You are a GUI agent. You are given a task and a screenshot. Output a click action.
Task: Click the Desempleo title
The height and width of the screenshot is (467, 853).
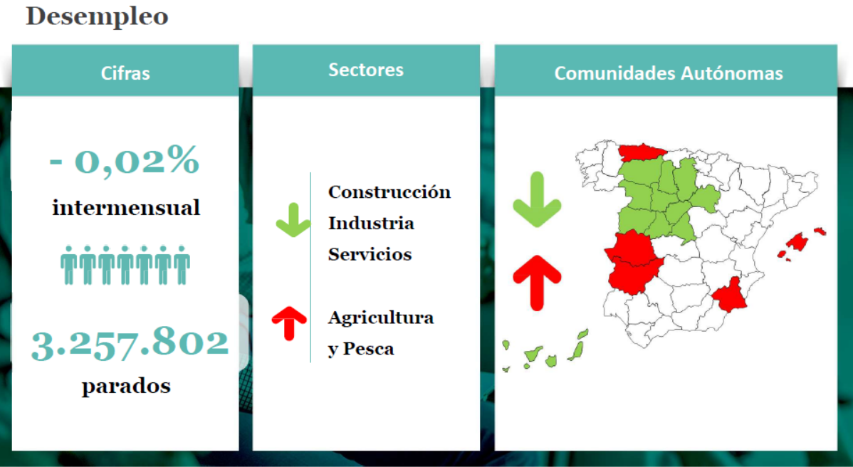[97, 16]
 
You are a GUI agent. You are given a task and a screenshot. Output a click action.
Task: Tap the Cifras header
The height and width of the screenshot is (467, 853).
[125, 73]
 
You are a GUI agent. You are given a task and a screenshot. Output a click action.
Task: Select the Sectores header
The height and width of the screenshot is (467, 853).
[366, 70]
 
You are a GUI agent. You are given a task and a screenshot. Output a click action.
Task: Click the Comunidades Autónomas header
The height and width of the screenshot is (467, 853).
[669, 73]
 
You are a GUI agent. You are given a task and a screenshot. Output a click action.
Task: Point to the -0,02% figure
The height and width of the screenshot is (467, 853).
[125, 161]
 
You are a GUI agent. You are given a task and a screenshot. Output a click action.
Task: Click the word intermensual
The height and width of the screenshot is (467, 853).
[126, 208]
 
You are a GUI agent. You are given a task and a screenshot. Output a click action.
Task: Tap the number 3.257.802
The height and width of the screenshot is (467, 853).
[130, 345]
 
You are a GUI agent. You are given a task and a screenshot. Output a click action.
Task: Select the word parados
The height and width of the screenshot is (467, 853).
[126, 386]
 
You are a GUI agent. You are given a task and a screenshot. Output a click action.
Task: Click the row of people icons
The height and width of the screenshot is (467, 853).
[125, 265]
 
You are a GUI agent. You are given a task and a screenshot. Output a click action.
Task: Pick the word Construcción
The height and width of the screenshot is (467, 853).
[389, 192]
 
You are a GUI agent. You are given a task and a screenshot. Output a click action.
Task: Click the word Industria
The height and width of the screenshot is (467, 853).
[371, 223]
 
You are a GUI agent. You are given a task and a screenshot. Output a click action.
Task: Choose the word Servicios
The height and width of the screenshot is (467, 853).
[370, 254]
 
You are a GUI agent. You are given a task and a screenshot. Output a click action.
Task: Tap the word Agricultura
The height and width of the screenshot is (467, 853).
[381, 317]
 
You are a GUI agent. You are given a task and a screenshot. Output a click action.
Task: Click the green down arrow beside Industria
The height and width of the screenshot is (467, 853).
[293, 220]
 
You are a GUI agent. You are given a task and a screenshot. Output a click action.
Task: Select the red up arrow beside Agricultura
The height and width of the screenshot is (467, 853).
[289, 323]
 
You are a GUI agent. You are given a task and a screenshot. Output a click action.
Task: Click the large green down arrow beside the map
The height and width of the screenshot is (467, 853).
[537, 199]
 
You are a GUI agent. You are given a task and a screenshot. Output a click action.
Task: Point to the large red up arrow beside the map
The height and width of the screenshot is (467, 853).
[537, 283]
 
